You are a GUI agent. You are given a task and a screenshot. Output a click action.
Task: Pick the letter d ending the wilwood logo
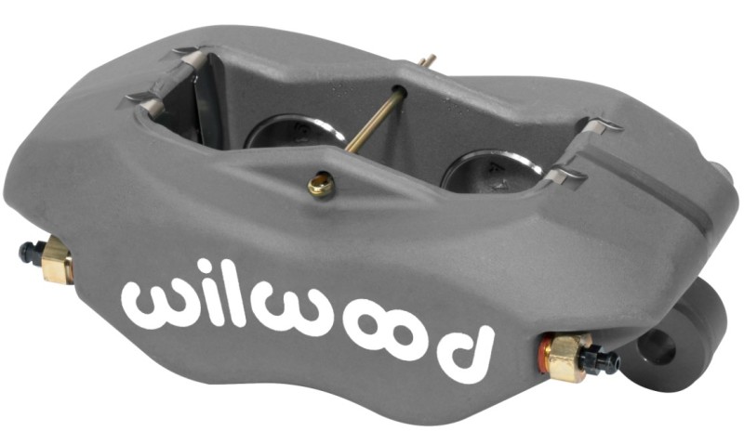click(x=462, y=347)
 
